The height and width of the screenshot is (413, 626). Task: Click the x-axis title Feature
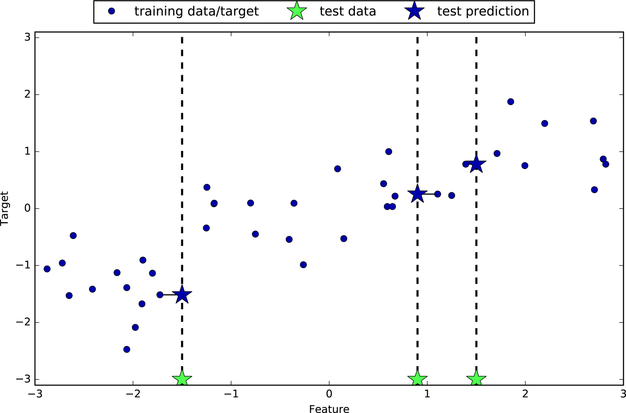pos(329,409)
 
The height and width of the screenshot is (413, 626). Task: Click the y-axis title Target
pos(5,209)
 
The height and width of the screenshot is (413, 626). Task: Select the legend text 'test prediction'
pos(483,11)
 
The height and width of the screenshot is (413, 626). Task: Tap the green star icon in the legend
pos(296,11)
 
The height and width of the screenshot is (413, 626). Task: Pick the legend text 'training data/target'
pos(196,11)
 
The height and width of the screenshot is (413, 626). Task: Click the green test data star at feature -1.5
pos(182,379)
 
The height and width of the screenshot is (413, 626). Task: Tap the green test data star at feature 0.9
pos(417,379)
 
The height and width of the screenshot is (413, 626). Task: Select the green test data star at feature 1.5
pos(476,379)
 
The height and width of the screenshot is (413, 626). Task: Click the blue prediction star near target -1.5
pos(182,295)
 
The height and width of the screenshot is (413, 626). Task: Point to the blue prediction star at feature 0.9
pos(417,194)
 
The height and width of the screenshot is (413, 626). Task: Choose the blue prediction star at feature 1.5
pos(476,164)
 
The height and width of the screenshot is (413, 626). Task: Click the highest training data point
pos(510,102)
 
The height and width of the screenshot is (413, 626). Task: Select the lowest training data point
pos(127,349)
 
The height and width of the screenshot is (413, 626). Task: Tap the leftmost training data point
pos(47,269)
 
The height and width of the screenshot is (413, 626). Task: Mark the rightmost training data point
pos(606,164)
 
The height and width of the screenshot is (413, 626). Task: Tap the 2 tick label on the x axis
pos(525,394)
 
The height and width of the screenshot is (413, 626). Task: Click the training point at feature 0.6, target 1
pos(388,152)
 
